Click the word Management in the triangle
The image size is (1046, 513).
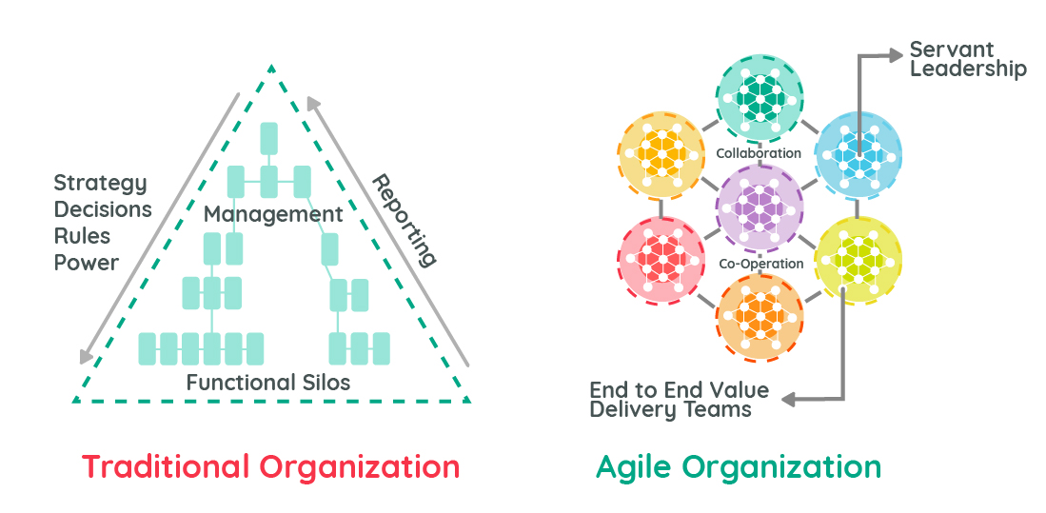coord(273,215)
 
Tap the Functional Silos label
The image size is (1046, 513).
coord(268,383)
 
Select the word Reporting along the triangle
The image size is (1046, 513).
coord(404,219)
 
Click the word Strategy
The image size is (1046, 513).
coord(100,183)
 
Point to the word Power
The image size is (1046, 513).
coord(87,262)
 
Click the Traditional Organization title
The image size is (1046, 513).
coord(270,467)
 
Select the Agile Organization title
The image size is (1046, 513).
coord(739,467)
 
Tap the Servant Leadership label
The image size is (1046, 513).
coord(967,58)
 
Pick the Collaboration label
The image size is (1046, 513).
coord(759,153)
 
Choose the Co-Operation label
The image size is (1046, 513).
coord(760,264)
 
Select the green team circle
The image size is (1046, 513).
coord(760,96)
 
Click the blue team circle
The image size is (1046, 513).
coord(859,152)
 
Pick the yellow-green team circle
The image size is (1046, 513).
coord(859,259)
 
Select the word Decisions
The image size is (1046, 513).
coord(103,209)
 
